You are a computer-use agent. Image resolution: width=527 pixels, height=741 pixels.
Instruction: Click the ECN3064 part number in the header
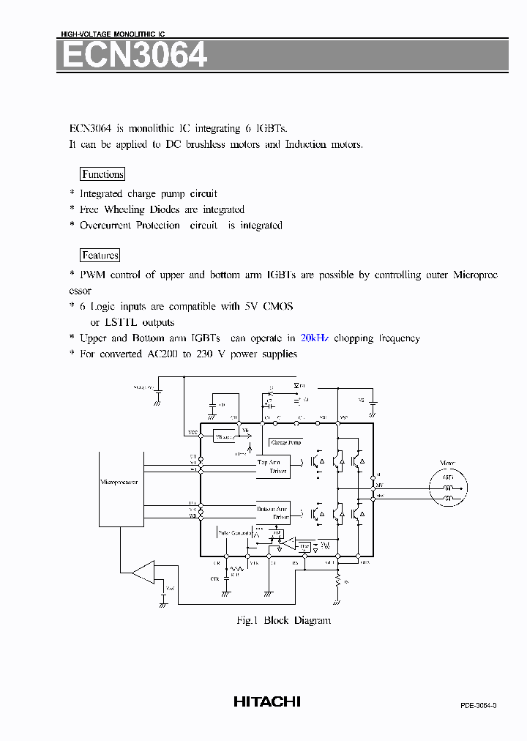(x=133, y=56)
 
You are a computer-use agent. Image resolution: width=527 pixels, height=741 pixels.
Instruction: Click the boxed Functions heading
(x=102, y=174)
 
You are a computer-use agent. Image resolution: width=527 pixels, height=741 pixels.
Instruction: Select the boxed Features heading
(x=100, y=256)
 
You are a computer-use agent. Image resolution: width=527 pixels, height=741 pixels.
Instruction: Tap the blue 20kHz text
(x=315, y=338)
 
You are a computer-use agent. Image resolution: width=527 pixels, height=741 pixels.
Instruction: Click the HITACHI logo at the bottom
(x=267, y=701)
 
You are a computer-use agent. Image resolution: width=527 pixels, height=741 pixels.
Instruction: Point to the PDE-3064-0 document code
(x=479, y=705)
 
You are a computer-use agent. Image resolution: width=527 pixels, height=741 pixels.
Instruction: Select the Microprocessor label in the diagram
(x=119, y=483)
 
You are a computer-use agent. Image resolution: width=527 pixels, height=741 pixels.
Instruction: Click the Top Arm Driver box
(x=273, y=467)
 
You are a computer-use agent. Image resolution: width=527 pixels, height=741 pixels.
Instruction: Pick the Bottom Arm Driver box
(x=273, y=513)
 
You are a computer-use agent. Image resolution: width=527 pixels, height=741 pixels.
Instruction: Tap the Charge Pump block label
(x=285, y=442)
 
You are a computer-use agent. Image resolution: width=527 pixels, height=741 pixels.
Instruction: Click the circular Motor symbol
(x=448, y=488)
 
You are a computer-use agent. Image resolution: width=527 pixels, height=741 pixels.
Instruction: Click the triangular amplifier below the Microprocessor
(x=146, y=572)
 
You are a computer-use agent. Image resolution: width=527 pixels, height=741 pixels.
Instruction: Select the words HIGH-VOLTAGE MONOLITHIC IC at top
(x=113, y=34)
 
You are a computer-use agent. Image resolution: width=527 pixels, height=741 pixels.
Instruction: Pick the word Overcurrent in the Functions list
(x=105, y=226)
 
